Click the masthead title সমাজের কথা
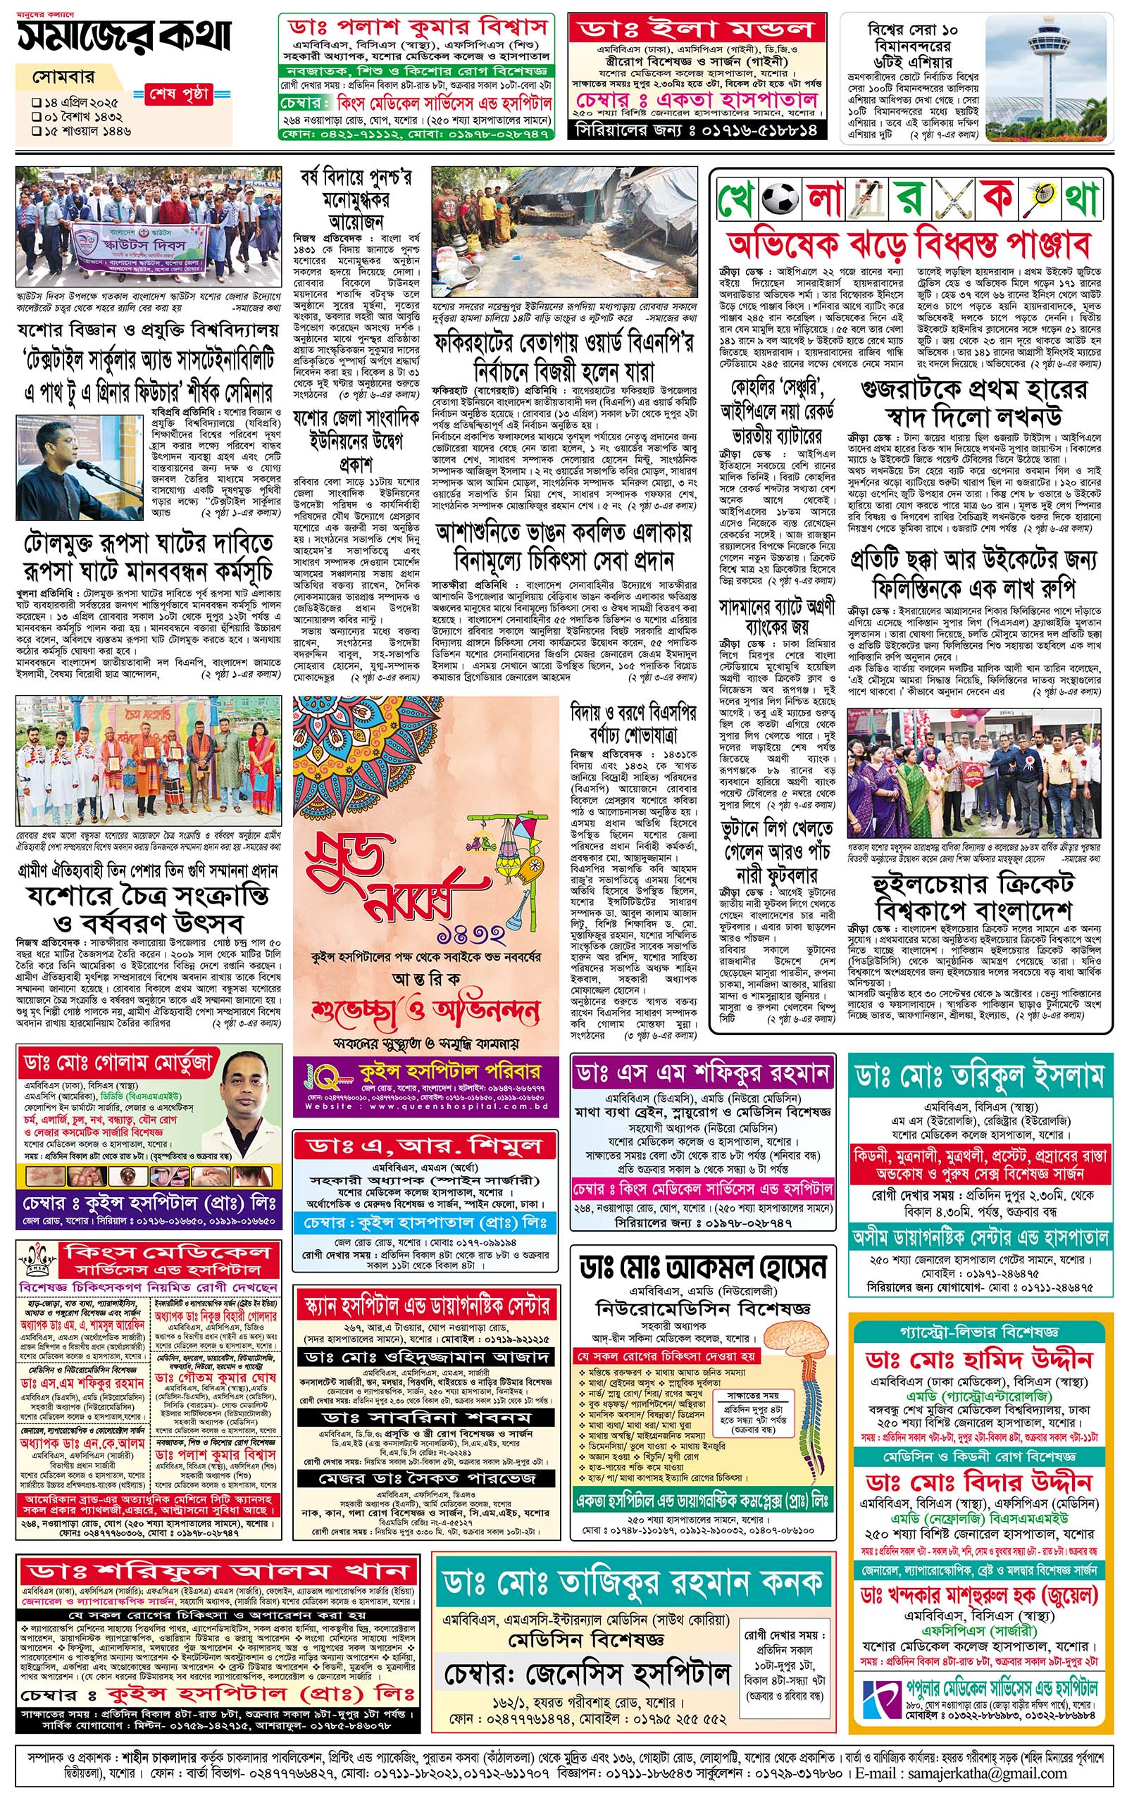tap(124, 35)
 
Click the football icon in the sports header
tap(780, 199)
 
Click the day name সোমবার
tap(57, 77)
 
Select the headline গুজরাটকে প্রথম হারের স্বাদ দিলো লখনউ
tap(973, 402)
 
